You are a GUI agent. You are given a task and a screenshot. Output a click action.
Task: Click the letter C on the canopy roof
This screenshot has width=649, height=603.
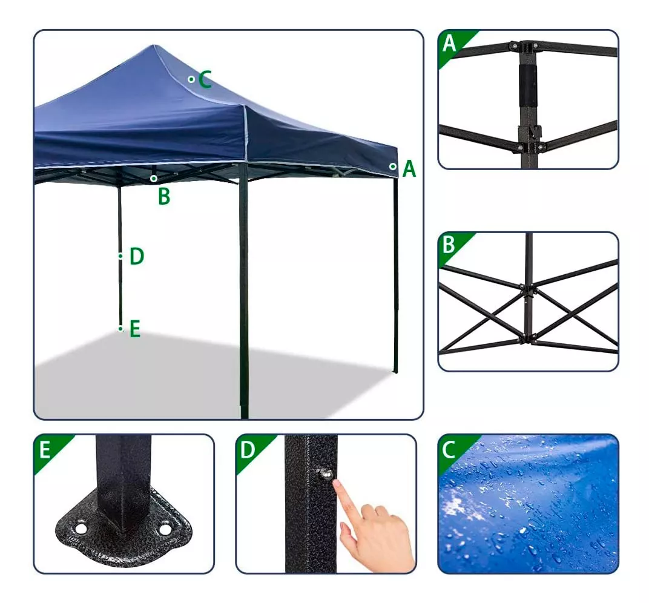tap(205, 79)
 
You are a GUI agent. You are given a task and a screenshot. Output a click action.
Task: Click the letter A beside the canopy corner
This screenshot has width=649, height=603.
tap(409, 169)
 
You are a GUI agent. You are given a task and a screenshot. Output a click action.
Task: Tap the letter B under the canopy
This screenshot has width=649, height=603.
tap(163, 197)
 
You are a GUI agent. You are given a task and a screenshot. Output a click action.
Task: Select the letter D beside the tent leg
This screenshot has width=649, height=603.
tap(137, 257)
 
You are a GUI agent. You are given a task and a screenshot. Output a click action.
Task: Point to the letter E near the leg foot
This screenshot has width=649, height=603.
tap(134, 329)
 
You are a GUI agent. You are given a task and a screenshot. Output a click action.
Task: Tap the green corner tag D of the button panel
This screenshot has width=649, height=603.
tap(247, 449)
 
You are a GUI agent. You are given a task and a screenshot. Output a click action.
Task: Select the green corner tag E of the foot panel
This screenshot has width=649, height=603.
tap(45, 449)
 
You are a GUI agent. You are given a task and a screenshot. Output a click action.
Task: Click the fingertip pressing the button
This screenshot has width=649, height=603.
tap(337, 485)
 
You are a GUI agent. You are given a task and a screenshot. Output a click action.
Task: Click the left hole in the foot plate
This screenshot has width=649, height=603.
tap(80, 529)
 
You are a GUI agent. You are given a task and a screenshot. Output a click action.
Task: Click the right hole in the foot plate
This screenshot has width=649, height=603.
tap(164, 530)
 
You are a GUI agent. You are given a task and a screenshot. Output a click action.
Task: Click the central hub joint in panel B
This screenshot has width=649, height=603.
tap(529, 291)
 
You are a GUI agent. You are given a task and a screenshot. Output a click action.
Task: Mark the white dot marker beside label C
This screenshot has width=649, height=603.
tap(191, 79)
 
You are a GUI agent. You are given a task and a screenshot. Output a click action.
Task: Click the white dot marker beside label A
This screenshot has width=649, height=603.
tap(393, 166)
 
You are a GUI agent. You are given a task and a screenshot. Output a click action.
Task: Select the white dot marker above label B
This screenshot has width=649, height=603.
tap(154, 179)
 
